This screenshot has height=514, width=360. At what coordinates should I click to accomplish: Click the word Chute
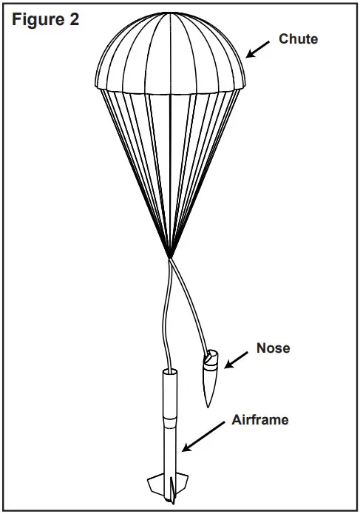pos(299,39)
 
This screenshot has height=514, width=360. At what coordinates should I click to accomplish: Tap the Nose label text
pos(273,348)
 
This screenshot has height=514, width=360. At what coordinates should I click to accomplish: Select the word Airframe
pos(259,420)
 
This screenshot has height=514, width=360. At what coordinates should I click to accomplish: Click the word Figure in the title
pos(35,20)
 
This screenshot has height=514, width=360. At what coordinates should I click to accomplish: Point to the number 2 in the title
pos(74,20)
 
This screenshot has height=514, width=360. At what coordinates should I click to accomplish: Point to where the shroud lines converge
pos(170,256)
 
